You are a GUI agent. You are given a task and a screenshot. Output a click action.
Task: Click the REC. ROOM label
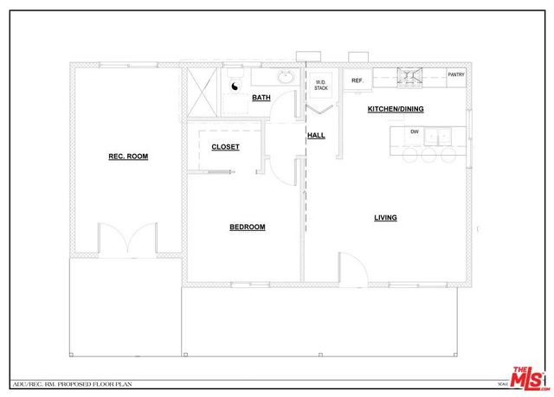coord(128,157)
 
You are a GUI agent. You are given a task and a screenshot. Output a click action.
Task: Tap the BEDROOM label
coord(247,227)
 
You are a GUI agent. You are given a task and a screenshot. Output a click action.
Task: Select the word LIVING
coord(385,218)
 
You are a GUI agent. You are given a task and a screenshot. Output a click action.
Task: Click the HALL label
coord(316,136)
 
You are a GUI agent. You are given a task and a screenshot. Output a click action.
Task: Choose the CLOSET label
coord(225,147)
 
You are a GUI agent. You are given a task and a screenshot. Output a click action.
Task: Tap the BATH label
coord(261,98)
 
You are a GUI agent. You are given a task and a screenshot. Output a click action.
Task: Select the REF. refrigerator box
coord(356,80)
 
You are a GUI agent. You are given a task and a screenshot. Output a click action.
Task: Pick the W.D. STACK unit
coord(321,86)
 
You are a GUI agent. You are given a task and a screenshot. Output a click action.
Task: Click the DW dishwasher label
coord(415,131)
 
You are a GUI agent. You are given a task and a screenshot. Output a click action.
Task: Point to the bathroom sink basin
coord(285,78)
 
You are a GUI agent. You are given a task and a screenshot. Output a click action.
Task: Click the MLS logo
coord(530,378)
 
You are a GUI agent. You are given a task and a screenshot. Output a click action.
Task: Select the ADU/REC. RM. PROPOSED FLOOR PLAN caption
coord(55,382)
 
